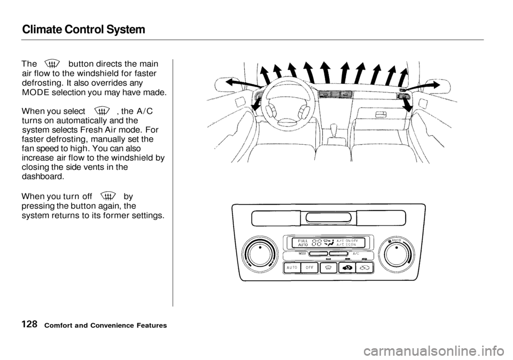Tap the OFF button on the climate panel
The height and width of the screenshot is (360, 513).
(x=309, y=268)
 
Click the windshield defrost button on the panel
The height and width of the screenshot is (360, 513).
(x=328, y=268)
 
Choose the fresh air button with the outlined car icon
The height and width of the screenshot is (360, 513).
(x=365, y=268)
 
